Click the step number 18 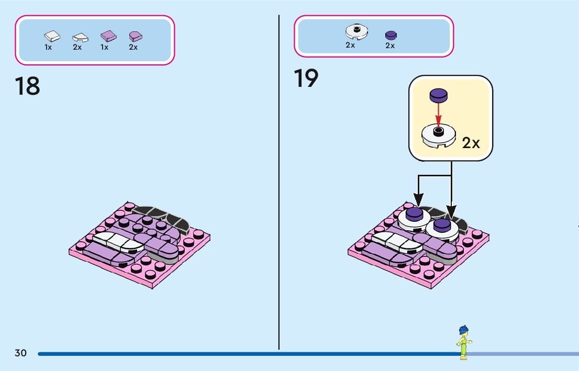pyautogui.click(x=28, y=86)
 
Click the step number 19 pyautogui.click(x=306, y=78)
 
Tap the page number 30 pyautogui.click(x=20, y=353)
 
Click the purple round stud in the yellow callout pyautogui.click(x=438, y=95)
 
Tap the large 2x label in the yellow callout pyautogui.click(x=471, y=143)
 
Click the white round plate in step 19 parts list pyautogui.click(x=357, y=32)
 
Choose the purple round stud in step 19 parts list pyautogui.click(x=391, y=35)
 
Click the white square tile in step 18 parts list pyautogui.click(x=52, y=36)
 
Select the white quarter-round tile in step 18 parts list pyautogui.click(x=80, y=37)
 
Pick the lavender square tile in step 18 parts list pyautogui.click(x=108, y=36)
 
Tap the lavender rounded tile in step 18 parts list pyautogui.click(x=136, y=36)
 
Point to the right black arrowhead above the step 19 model pyautogui.click(x=451, y=212)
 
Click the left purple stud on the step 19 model pyautogui.click(x=415, y=212)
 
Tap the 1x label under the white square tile pyautogui.click(x=48, y=47)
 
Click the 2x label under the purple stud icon pyautogui.click(x=390, y=46)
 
